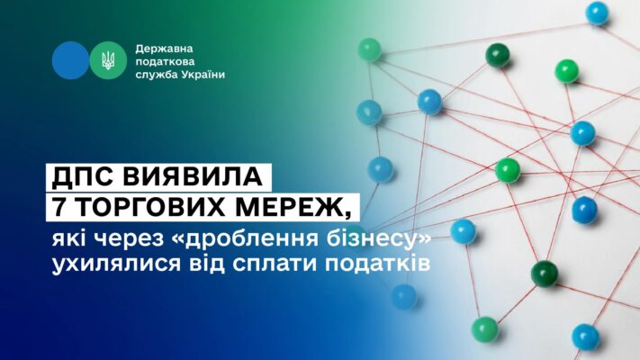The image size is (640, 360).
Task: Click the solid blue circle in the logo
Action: coord(70,60)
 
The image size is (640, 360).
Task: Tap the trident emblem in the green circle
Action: coord(108,60)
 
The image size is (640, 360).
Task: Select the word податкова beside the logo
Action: coord(165,62)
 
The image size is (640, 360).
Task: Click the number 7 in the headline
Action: coord(59,206)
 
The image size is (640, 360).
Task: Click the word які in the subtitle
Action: coord(68,239)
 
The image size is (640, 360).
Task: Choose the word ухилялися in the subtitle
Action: coord(116,264)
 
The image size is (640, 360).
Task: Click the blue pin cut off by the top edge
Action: coord(597,13)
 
